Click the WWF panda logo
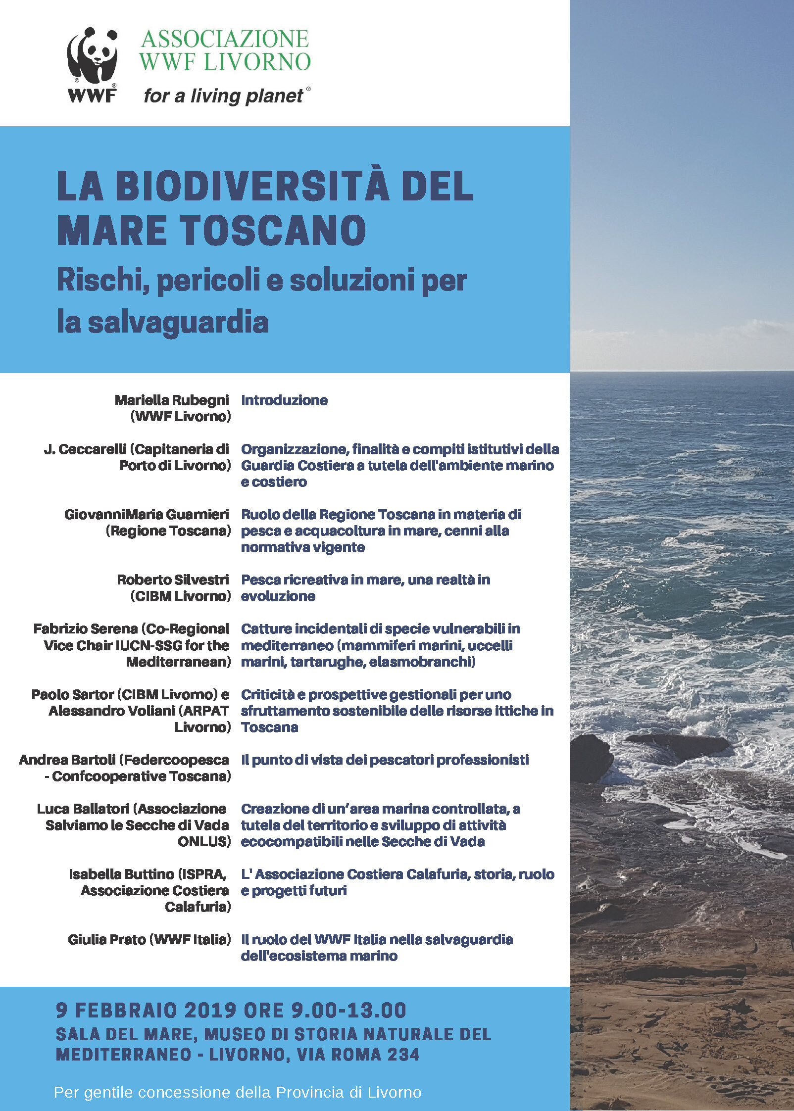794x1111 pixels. [x=92, y=64]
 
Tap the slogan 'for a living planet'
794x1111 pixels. [x=224, y=96]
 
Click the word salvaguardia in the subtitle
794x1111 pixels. [x=178, y=322]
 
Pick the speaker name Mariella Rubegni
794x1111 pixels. [x=172, y=400]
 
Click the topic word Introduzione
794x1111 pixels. [x=284, y=400]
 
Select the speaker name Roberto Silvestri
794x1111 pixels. [x=173, y=580]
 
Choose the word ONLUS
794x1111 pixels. [x=204, y=841]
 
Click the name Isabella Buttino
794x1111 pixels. [x=122, y=874]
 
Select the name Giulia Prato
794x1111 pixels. [x=106, y=939]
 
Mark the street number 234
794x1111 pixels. [x=403, y=1054]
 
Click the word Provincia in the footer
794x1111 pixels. [x=310, y=1092]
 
